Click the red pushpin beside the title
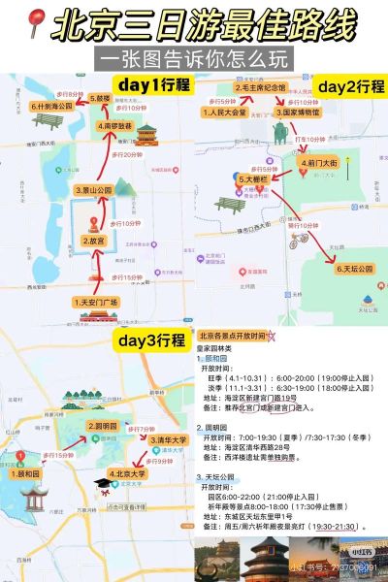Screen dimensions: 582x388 [x=36, y=24]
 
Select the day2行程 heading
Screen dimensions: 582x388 [x=351, y=87]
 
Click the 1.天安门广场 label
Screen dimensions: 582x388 [x=95, y=303]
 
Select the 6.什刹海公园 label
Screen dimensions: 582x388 [x=50, y=106]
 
